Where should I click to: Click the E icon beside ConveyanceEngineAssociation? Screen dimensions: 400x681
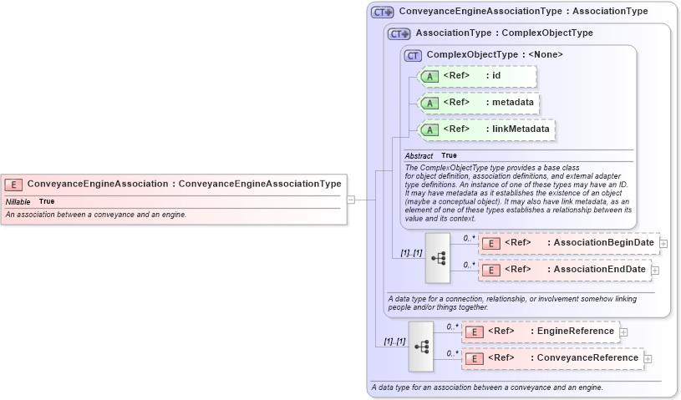13,185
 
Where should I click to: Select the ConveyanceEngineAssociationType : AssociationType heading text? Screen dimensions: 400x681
523,12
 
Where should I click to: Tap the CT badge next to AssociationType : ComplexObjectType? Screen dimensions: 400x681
399,33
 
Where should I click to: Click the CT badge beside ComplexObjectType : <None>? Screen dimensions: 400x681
413,55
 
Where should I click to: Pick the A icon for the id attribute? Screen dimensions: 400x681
429,76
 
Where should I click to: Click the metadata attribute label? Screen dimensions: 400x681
513,103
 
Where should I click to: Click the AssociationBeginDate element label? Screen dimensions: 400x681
604,243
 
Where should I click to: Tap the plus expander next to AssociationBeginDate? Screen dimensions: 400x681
663,244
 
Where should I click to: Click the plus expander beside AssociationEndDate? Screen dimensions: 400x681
655,271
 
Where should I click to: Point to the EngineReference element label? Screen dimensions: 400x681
575,332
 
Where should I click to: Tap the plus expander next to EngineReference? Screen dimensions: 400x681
623,332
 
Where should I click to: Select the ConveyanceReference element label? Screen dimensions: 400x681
587,358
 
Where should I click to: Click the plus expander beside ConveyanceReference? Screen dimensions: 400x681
648,359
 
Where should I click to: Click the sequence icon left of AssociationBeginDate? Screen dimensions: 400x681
438,257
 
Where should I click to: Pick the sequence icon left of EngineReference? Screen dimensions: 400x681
421,346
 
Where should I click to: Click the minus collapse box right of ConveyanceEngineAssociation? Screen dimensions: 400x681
351,200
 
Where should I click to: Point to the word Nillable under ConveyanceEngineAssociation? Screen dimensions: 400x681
18,202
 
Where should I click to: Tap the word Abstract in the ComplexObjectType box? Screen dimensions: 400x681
419,156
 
